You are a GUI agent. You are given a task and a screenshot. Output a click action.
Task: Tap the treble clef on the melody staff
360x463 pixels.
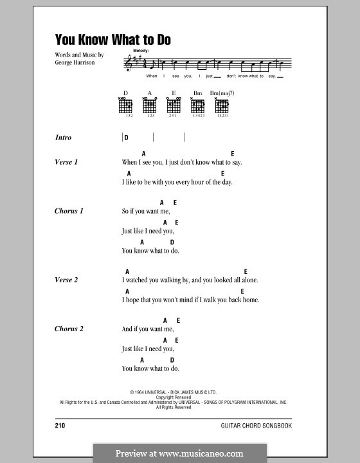(128, 63)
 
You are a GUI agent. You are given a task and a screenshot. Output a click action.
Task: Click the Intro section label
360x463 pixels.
(64, 138)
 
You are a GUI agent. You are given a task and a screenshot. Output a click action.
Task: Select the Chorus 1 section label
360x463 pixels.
(69, 211)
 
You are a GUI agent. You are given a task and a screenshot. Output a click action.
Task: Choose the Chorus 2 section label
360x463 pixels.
(69, 329)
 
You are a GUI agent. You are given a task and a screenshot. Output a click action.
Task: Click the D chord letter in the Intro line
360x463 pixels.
(127, 138)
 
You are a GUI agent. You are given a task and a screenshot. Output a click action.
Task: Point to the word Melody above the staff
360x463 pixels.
(141, 50)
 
